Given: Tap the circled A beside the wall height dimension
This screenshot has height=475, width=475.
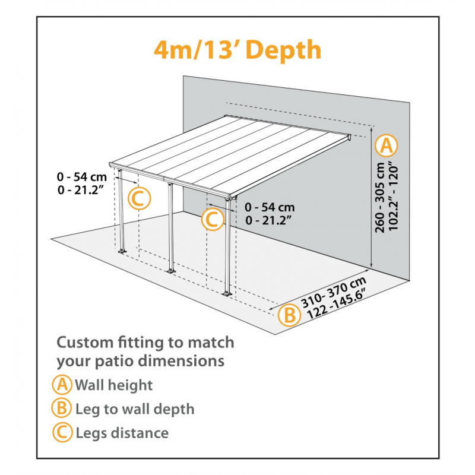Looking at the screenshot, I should (x=387, y=144).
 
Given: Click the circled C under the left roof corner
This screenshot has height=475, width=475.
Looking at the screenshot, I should (x=138, y=199).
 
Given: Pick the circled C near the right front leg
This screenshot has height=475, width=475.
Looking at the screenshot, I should (x=213, y=220).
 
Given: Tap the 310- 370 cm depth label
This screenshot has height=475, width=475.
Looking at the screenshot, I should (x=333, y=292).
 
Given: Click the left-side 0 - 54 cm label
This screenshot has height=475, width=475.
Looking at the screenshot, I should (x=81, y=177).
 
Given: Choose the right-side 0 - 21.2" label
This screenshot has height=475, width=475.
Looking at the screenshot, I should (x=270, y=220).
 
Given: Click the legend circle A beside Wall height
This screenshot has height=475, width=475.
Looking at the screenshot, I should (x=62, y=385).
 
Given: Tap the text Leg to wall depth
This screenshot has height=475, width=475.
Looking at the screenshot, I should (x=135, y=409).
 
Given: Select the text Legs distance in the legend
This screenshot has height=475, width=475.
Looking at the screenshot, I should (x=122, y=433).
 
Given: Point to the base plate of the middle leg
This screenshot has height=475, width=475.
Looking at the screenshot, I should (x=172, y=271).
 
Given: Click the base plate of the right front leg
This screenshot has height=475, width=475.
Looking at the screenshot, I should (x=227, y=293).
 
